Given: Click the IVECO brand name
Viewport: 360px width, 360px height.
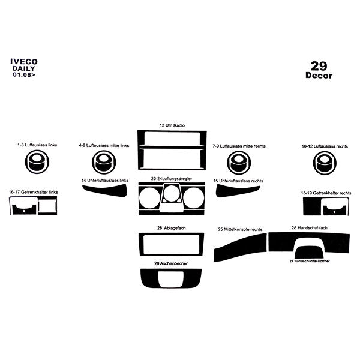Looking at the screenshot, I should click(24, 61).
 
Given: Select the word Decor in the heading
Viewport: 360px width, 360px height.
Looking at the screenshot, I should click(319, 76).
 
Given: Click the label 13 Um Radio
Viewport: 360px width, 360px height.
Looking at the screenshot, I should click(172, 125).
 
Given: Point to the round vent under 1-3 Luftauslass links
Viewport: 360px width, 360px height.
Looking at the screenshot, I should click(37, 161).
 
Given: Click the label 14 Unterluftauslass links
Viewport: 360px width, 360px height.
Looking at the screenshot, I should click(106, 180).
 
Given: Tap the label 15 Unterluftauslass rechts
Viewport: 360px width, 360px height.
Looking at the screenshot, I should click(238, 180).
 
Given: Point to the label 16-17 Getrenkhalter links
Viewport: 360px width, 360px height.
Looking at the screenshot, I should click(34, 191).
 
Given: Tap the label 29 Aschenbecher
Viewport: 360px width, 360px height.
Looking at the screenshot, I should click(172, 263).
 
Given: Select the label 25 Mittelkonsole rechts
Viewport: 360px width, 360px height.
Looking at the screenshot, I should click(240, 229).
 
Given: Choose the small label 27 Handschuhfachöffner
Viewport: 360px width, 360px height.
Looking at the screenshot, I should click(310, 262).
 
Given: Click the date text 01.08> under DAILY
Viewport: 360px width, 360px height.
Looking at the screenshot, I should click(24, 75).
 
